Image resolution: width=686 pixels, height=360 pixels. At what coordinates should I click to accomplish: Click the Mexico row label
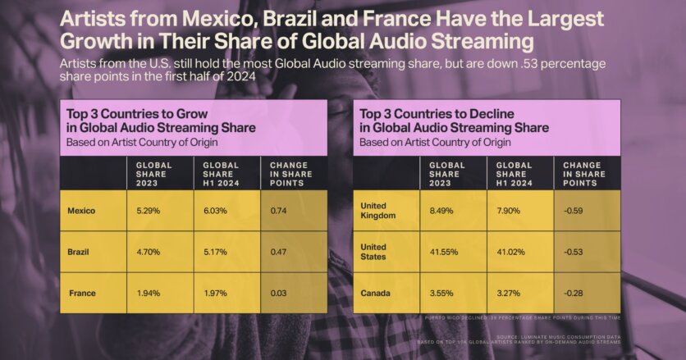81,211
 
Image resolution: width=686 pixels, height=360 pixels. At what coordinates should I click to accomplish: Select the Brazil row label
78,252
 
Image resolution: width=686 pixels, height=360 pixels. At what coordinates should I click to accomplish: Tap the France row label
81,293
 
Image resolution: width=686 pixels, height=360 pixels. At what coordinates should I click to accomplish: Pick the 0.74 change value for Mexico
279,211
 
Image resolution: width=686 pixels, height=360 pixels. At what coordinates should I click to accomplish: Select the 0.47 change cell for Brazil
279,252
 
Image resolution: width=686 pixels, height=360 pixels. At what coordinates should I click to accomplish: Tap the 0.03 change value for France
279,293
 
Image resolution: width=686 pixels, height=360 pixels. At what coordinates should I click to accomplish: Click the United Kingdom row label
378,210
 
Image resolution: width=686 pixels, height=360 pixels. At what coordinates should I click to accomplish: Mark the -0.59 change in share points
574,210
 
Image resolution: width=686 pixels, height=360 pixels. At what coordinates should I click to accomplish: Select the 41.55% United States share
445,252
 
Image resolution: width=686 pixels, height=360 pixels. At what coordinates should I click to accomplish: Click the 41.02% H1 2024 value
512,252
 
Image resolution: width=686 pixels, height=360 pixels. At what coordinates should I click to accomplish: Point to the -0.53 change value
574,252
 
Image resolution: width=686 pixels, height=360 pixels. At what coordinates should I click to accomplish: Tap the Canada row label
376,293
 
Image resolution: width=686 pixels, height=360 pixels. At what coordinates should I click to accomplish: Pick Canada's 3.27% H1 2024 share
510,293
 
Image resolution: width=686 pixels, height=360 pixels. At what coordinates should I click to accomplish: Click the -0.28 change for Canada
574,293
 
